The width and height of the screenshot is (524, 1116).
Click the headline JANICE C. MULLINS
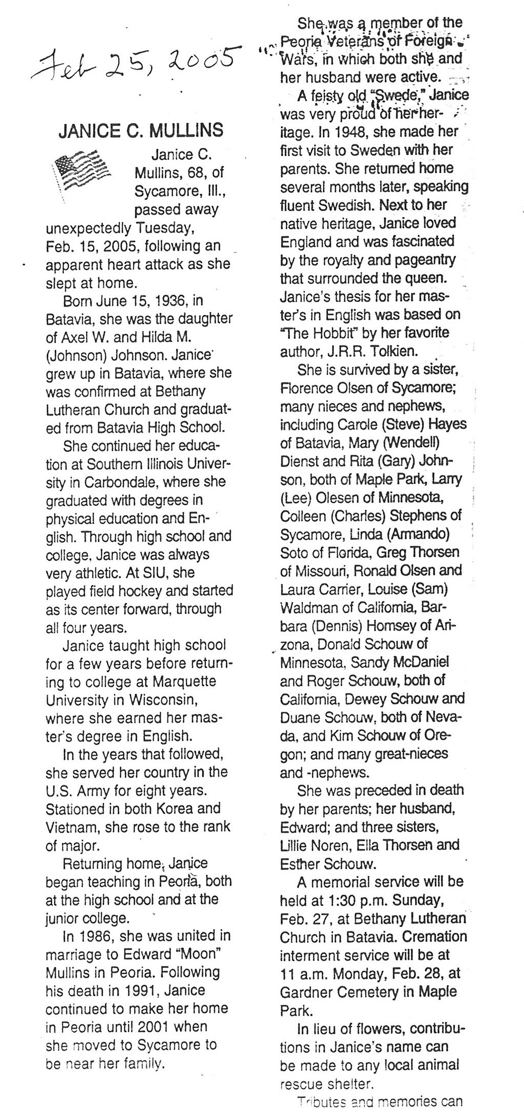[141, 130]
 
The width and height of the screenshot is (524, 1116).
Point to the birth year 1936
[169, 300]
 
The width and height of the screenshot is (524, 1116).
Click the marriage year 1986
[101, 935]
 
